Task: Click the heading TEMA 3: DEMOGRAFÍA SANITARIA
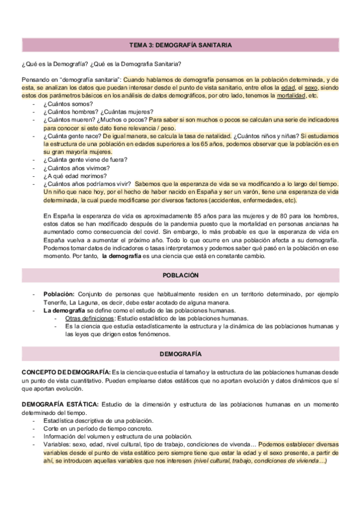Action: click(180, 45)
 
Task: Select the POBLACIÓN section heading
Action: click(180, 275)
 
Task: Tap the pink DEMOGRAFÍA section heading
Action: click(180, 353)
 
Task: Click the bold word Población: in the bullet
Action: click(58, 294)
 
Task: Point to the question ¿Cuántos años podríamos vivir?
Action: click(87, 184)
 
